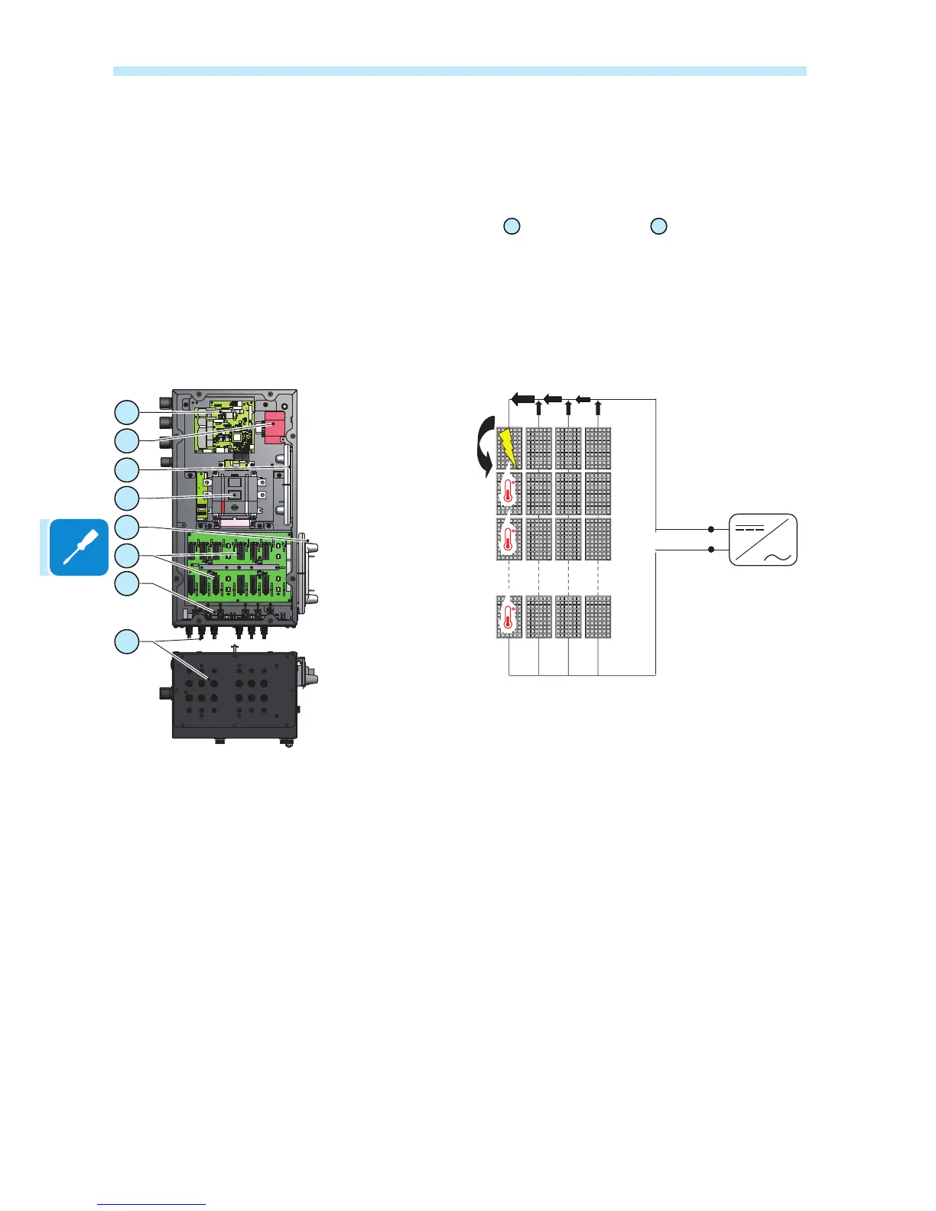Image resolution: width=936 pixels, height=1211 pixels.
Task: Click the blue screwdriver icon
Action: (x=79, y=547)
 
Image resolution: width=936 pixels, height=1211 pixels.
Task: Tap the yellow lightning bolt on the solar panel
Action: (x=508, y=448)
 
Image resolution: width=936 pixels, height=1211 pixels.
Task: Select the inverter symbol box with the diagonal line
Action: (x=763, y=540)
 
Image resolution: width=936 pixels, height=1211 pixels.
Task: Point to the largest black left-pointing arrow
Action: (x=522, y=398)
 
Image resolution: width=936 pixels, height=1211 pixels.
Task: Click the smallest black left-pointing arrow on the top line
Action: (x=583, y=398)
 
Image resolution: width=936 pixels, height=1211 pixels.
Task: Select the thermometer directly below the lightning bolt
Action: (x=509, y=493)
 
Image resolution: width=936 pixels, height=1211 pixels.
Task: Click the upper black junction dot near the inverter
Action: (x=711, y=529)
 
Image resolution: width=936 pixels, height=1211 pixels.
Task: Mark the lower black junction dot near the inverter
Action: (x=711, y=550)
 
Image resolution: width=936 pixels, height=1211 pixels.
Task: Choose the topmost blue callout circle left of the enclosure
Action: (x=127, y=412)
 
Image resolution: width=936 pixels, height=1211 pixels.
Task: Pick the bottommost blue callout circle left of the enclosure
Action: (x=127, y=641)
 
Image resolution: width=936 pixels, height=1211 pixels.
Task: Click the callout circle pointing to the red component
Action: (x=127, y=440)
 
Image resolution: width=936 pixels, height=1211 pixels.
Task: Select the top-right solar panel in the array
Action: (x=597, y=448)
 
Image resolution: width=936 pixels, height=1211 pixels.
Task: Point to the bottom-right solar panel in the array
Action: (x=597, y=616)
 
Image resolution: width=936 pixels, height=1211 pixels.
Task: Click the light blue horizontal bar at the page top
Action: (x=460, y=71)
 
